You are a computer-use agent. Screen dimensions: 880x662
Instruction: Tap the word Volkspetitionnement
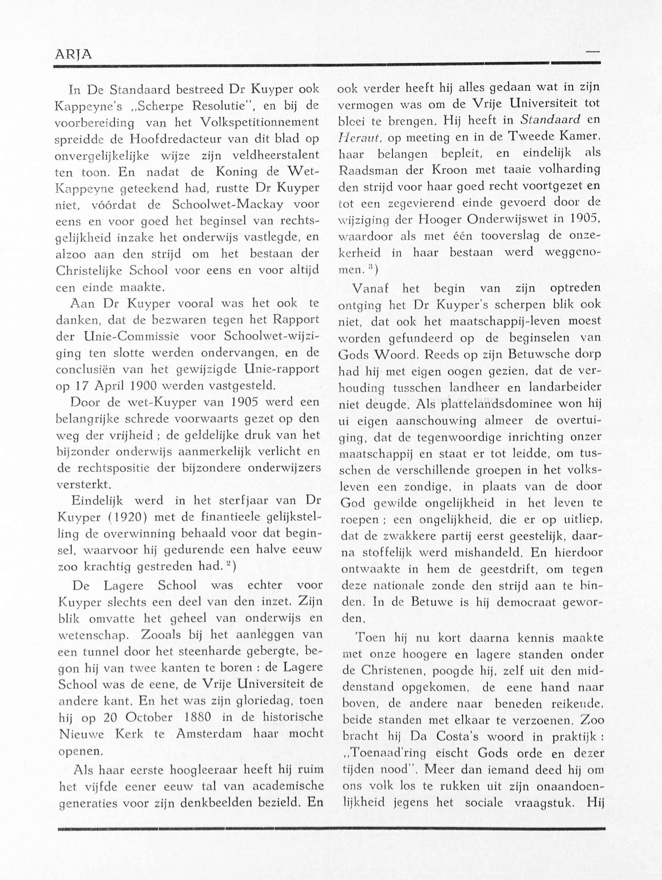[x=260, y=122]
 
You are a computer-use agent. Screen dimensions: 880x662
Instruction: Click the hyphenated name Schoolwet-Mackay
[x=228, y=205]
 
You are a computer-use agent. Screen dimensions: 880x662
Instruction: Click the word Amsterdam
[x=209, y=734]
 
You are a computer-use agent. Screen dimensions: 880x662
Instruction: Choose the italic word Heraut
[x=360, y=138]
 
